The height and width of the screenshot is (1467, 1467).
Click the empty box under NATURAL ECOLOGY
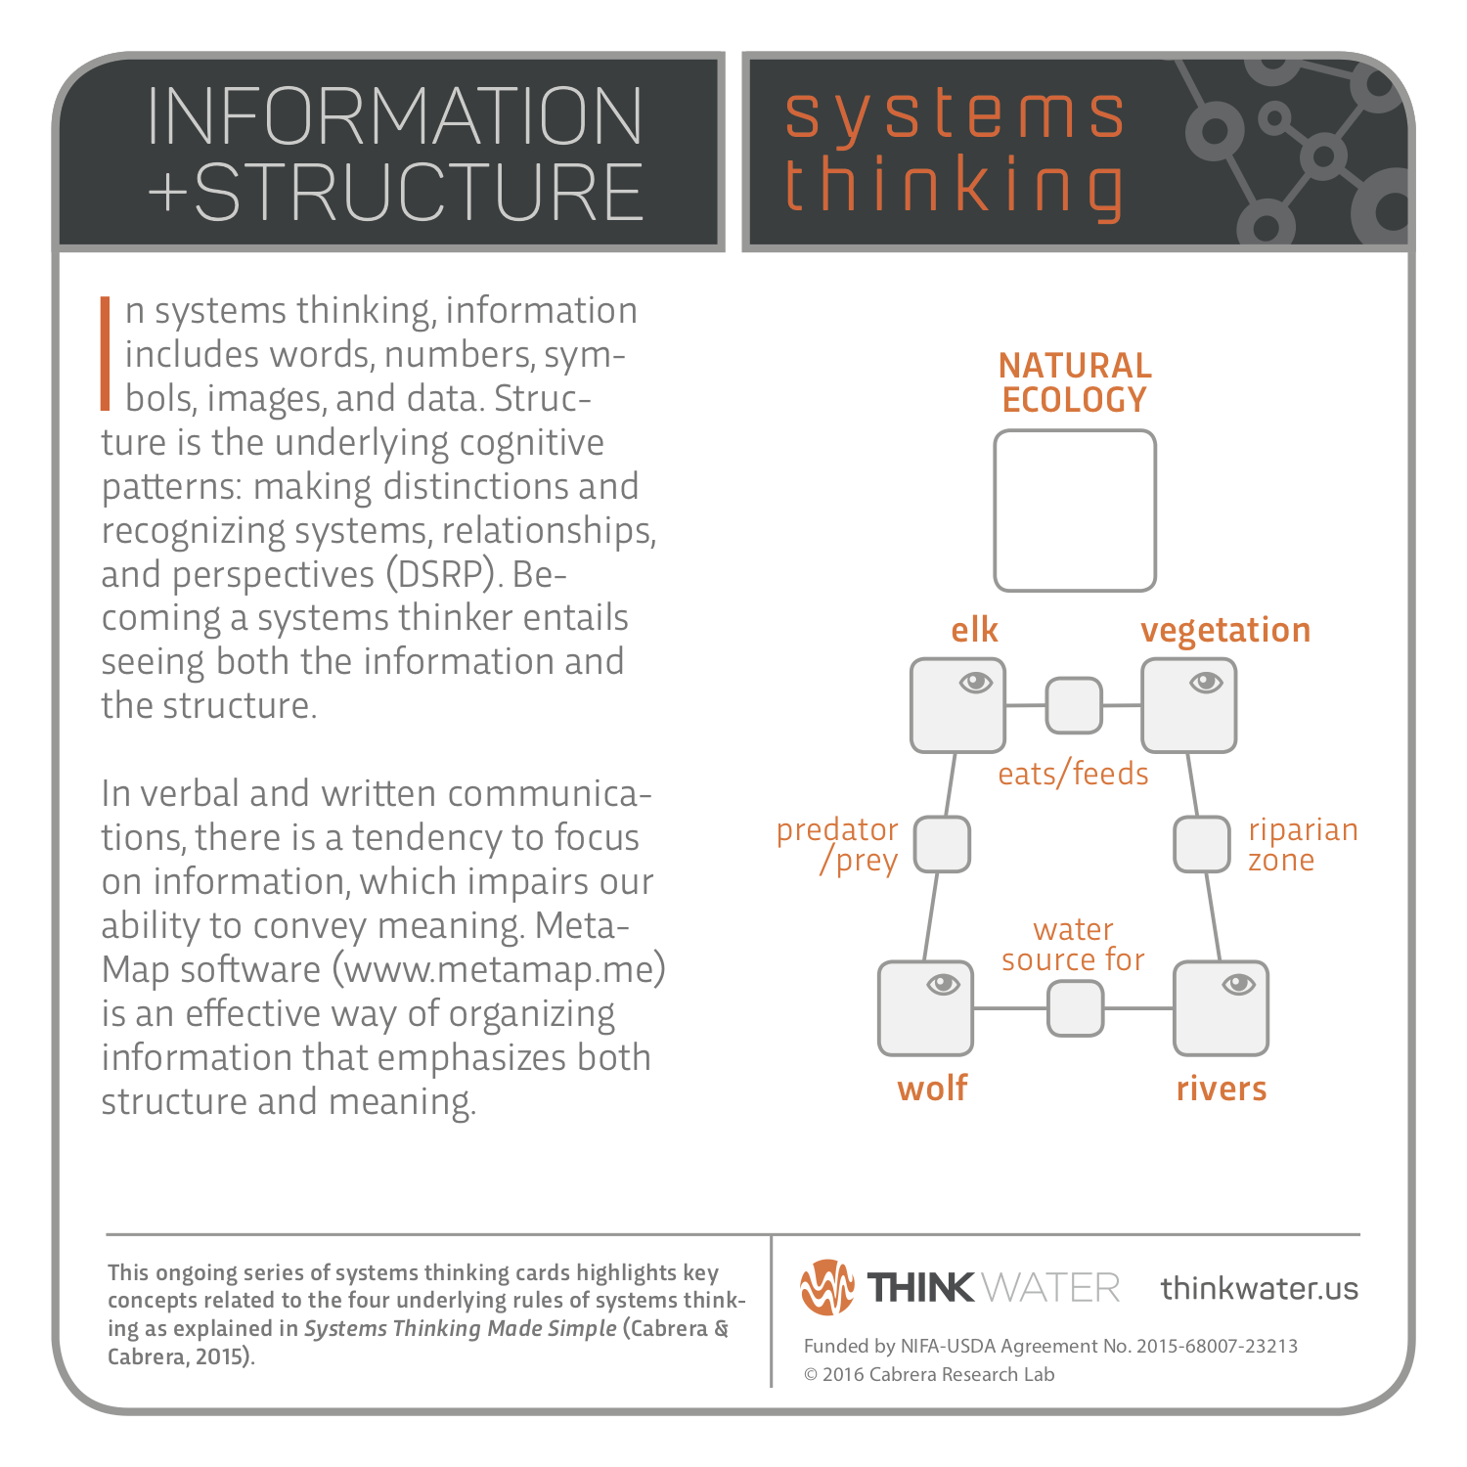(1075, 511)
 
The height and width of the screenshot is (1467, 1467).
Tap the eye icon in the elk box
(976, 682)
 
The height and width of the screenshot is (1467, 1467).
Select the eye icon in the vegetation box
(1206, 682)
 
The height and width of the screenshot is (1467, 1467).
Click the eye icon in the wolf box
(943, 984)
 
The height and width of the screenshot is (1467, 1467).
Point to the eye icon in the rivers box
(1238, 984)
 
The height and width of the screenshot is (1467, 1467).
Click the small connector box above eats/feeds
(1074, 705)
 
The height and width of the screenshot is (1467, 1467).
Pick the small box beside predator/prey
(942, 844)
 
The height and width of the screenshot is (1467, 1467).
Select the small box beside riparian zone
(1201, 844)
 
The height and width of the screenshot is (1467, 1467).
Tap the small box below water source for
(1075, 1008)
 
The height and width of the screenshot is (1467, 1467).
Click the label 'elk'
(974, 630)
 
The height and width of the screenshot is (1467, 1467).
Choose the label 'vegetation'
(1225, 630)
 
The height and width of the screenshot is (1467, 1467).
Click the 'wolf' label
(932, 1088)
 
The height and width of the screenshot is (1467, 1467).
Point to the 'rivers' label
(1222, 1089)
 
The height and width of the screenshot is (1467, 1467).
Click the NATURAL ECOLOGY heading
(1075, 382)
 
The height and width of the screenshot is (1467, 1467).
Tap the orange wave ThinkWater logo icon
(826, 1287)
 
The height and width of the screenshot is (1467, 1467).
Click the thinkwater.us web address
(1260, 1288)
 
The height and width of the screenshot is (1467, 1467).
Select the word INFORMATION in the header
(394, 116)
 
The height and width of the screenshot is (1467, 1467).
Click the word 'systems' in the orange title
(956, 114)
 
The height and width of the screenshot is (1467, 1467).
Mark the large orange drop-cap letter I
(106, 353)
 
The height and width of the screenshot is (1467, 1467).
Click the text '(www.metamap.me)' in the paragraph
(499, 969)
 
